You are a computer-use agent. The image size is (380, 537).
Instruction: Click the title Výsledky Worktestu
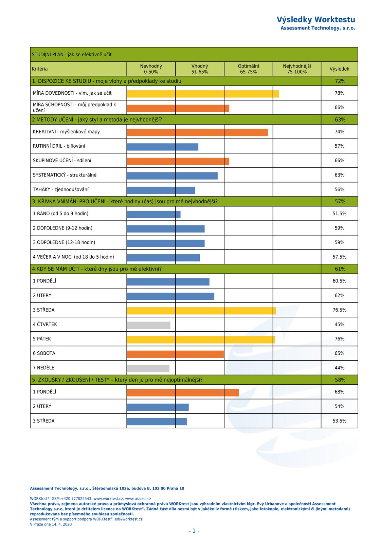pos(315,19)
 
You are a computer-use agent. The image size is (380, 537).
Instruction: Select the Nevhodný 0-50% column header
pos(151,69)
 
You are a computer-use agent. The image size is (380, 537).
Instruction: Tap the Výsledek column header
pos(339,69)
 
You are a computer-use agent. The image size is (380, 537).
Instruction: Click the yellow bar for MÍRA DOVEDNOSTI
pos(203,94)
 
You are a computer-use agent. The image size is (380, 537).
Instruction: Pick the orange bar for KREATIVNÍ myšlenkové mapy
pos(197,132)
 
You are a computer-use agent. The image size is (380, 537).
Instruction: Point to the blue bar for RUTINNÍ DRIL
pos(162,147)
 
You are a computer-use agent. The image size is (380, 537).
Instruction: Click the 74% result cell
pos(339,132)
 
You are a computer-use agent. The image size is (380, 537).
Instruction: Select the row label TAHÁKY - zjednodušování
pos(60,189)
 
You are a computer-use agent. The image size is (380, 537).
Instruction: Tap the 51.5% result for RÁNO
pos(339,214)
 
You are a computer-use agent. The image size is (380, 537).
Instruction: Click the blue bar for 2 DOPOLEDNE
pos(165,229)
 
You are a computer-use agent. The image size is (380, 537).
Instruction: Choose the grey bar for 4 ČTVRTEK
pos(148,325)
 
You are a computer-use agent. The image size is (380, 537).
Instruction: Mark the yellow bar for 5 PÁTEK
pos(201,340)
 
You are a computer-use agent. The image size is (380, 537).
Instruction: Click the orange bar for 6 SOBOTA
pos(175,354)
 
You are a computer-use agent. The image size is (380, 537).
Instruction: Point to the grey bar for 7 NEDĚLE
pos(148,369)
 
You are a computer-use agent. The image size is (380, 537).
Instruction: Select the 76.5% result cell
pos(339,310)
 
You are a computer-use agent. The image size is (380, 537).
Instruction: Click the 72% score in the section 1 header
pos(340,81)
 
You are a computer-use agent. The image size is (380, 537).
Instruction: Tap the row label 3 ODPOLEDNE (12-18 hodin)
pos(64,242)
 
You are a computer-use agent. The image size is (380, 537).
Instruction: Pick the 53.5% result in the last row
pos(339,421)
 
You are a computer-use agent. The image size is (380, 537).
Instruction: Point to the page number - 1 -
pos(194,531)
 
